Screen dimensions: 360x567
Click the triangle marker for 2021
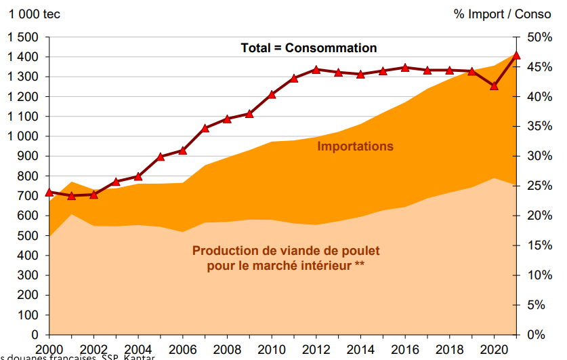[516, 56]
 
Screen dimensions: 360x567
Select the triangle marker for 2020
[495, 85]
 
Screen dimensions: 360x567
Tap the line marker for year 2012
[316, 69]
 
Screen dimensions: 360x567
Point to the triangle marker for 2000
[49, 193]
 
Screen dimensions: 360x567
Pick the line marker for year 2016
[405, 68]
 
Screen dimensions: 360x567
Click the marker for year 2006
[183, 150]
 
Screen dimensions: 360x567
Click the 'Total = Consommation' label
[308, 48]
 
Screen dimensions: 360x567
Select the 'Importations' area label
[355, 146]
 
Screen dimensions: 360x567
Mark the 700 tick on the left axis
[30, 196]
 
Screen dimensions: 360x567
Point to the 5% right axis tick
[536, 305]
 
